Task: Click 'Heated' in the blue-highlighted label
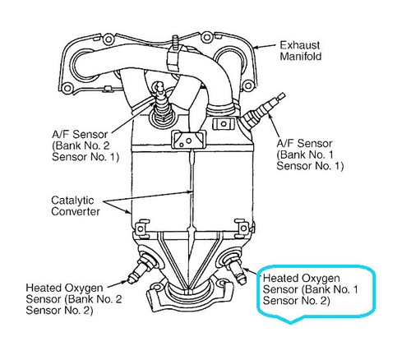[282, 278]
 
